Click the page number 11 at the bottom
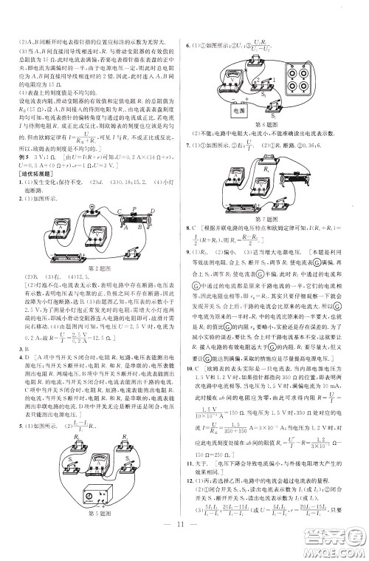(x=183, y=546)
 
